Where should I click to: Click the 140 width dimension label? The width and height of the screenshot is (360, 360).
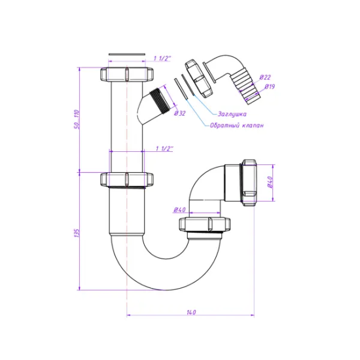[191, 312]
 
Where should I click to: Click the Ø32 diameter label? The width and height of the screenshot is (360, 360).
[179, 113]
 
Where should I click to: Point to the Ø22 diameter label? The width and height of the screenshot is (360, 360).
[265, 77]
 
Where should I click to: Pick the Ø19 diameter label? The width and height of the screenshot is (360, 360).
[270, 86]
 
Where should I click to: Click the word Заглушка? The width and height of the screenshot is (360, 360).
[232, 114]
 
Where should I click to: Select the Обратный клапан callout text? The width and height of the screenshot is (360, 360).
[236, 126]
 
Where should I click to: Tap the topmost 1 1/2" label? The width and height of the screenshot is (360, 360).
[162, 58]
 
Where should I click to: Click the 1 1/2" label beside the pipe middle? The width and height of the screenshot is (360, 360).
[164, 149]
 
